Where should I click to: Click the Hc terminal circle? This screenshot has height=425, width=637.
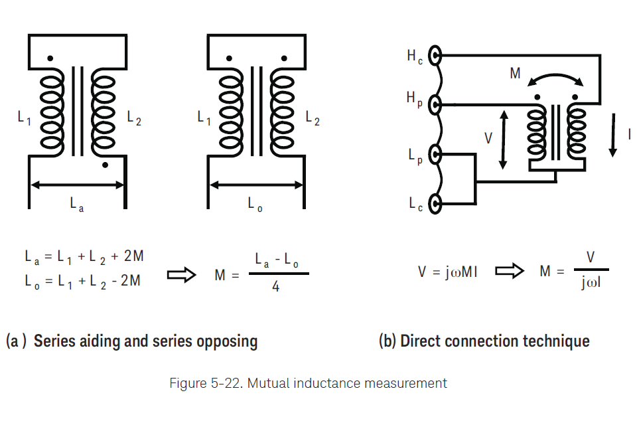click(435, 56)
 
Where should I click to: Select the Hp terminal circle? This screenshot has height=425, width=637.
click(435, 104)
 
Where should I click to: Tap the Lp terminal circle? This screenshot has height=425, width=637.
click(435, 155)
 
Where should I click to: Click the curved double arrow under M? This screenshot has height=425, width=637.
click(555, 78)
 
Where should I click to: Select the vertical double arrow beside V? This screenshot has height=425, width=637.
click(504, 139)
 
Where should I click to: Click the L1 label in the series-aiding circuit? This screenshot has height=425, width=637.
click(24, 118)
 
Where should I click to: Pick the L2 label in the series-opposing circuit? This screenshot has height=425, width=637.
click(313, 118)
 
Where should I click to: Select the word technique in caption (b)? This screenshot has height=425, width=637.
click(556, 341)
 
